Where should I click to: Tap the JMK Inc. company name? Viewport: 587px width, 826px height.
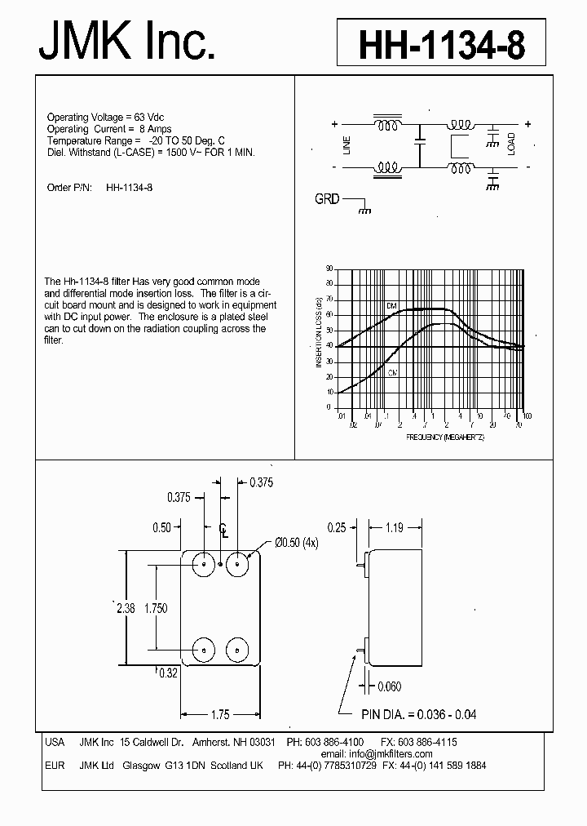click(127, 41)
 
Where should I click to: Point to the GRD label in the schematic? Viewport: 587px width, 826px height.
click(327, 199)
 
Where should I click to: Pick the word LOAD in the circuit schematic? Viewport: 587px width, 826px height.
click(511, 144)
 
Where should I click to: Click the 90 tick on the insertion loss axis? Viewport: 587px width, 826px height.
click(329, 268)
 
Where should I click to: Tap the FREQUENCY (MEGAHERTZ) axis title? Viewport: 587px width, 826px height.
click(445, 437)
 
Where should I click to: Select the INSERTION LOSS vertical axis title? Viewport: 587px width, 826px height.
click(319, 332)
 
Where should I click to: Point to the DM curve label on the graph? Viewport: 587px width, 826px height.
click(391, 305)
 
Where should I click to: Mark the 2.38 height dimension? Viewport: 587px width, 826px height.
click(125, 607)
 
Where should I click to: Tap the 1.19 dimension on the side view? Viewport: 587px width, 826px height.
click(395, 528)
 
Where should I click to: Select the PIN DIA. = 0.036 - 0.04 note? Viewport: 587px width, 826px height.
click(419, 714)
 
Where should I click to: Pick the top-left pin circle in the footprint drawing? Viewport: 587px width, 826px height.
click(203, 563)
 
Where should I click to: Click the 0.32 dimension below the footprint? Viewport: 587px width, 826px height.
click(169, 673)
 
